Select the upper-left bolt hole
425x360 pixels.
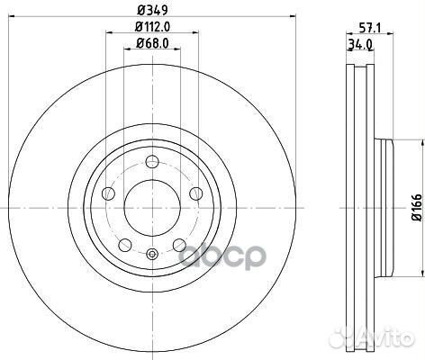pyautogui.click(x=108, y=193)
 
